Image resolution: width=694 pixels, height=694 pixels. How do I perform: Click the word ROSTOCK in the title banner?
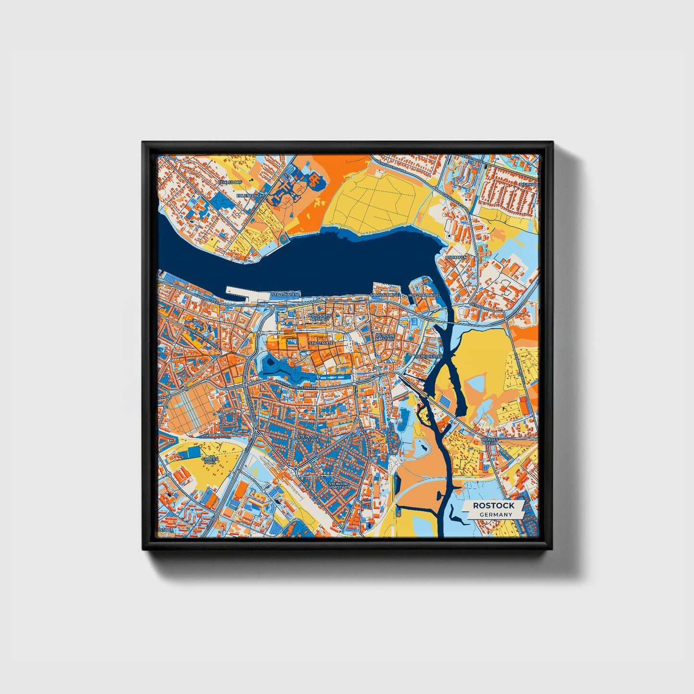493,505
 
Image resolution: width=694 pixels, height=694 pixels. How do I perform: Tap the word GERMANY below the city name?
496,514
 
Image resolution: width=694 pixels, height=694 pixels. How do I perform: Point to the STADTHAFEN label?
285,294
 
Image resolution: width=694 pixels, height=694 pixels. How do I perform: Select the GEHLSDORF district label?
227,183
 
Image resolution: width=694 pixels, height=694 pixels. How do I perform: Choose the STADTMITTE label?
321,343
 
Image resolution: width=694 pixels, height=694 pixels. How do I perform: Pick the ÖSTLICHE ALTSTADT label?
385,337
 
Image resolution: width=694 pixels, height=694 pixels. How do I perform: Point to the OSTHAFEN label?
456,257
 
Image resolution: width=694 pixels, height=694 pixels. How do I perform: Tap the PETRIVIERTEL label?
429,357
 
